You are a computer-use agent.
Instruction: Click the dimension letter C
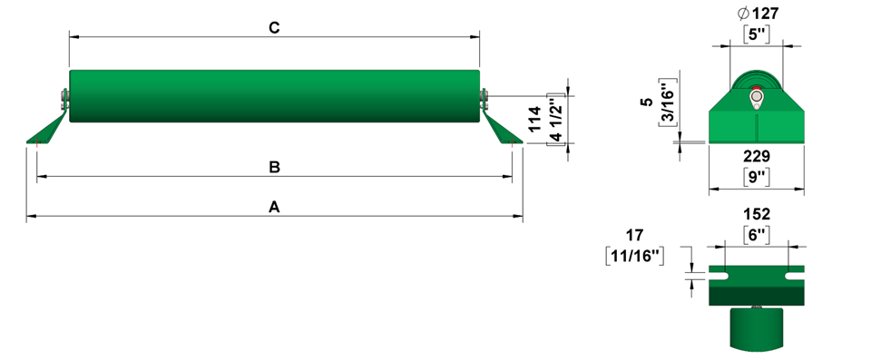274,28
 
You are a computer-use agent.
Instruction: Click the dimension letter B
274,167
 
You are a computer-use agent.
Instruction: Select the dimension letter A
274,208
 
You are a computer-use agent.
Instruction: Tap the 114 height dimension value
534,118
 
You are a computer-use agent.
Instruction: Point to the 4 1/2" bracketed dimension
555,120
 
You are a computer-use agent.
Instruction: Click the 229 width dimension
757,156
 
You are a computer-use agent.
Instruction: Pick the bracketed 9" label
757,178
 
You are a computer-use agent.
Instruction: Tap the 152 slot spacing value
757,214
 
